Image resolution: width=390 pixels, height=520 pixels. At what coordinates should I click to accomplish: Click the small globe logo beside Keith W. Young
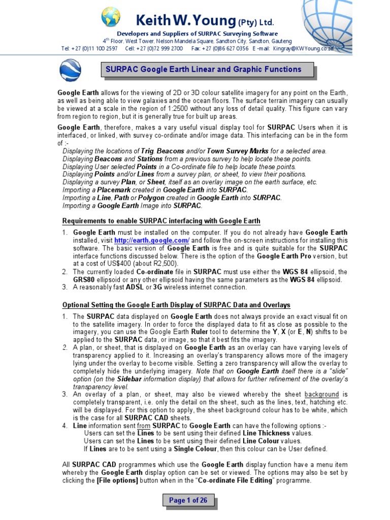click(110, 17)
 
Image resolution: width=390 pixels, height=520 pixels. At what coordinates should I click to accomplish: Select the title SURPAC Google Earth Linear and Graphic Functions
click(203, 70)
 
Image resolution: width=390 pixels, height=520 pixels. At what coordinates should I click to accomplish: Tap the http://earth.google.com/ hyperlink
click(152, 240)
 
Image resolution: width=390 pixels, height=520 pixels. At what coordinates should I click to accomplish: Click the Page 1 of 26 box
click(188, 501)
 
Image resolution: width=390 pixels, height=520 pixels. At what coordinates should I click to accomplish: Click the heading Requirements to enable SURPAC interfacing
click(161, 221)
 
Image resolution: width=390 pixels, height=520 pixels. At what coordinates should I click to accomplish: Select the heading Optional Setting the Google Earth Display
click(176, 305)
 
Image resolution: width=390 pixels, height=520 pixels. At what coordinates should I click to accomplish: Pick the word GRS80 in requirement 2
click(84, 280)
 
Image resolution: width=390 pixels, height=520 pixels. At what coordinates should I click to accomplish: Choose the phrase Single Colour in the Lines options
click(196, 449)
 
